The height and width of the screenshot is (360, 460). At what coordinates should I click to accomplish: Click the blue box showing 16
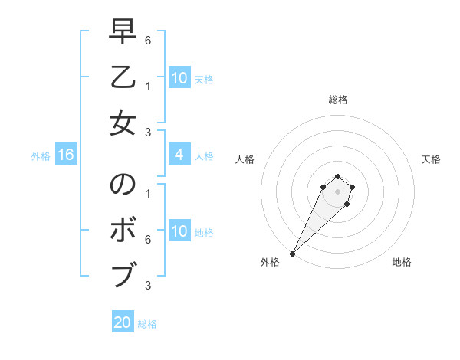pyautogui.click(x=66, y=155)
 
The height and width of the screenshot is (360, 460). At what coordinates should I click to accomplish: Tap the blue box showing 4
pyautogui.click(x=179, y=155)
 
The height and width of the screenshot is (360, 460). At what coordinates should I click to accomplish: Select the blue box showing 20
pyautogui.click(x=123, y=322)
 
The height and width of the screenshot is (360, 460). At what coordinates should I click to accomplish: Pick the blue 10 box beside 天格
pyautogui.click(x=179, y=78)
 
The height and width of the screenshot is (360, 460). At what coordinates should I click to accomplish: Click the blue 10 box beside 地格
pyautogui.click(x=179, y=231)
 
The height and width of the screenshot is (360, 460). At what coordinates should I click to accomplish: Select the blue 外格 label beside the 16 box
pyautogui.click(x=41, y=156)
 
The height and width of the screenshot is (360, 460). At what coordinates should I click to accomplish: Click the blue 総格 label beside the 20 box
pyautogui.click(x=147, y=324)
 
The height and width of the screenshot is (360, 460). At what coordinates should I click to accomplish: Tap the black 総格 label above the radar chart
pyautogui.click(x=337, y=100)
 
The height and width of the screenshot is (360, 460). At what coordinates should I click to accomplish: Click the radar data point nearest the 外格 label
pyautogui.click(x=292, y=254)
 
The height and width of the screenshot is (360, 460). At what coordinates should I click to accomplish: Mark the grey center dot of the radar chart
pyautogui.click(x=337, y=191)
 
